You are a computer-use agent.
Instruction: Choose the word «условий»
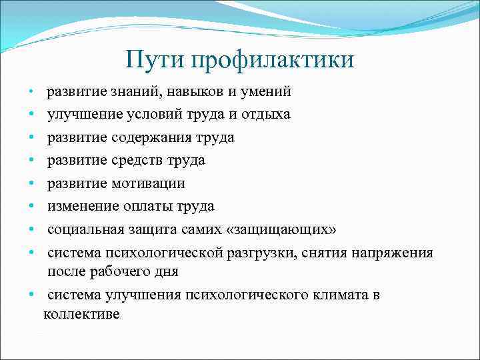145,114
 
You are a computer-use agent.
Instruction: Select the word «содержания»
147,137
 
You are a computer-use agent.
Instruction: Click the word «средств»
137,160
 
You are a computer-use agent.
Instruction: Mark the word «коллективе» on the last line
81,314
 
